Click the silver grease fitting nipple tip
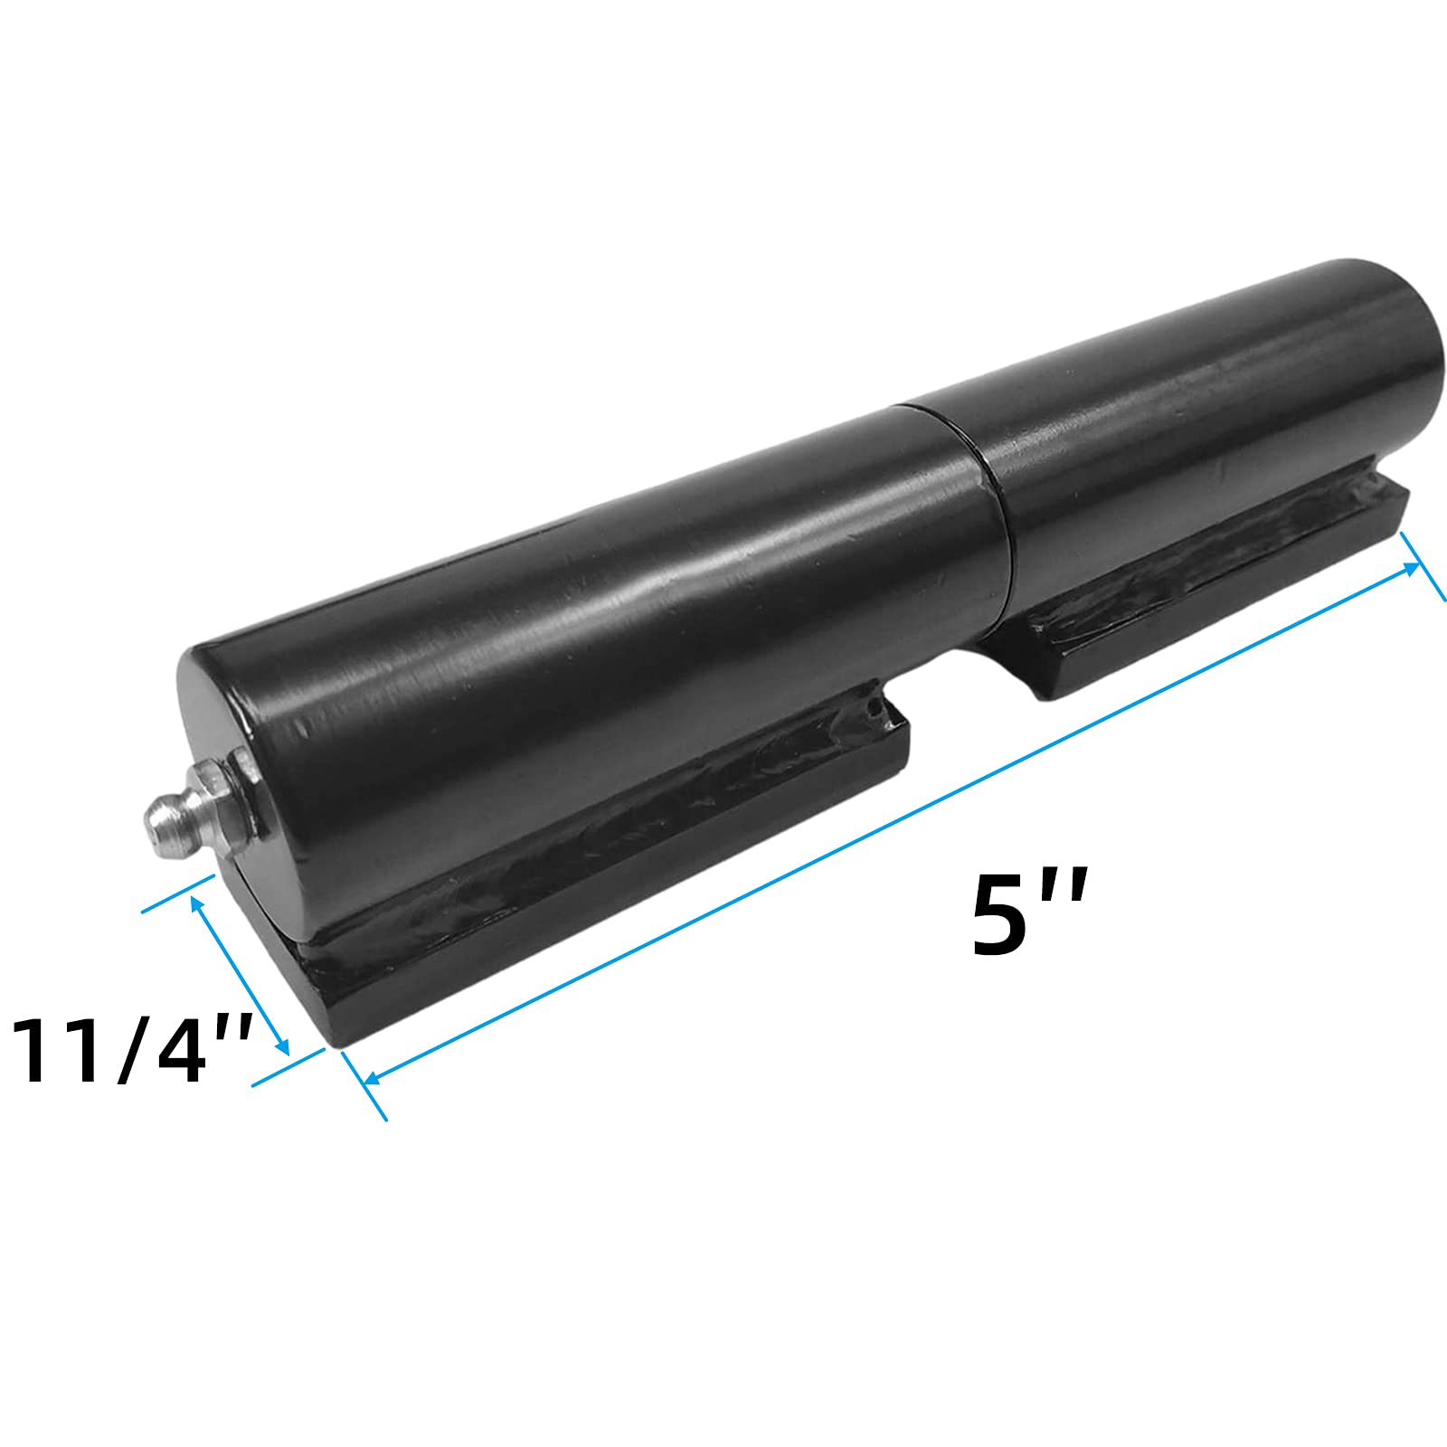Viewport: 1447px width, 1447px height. tap(155, 810)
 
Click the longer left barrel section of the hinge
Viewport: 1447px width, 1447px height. tap(588, 633)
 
